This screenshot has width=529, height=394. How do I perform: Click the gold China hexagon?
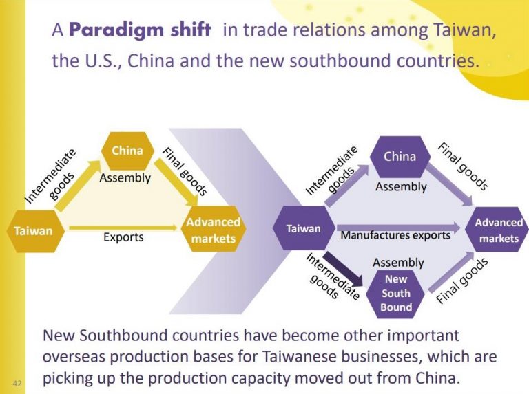(x=127, y=151)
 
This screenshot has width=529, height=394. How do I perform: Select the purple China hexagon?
(x=400, y=157)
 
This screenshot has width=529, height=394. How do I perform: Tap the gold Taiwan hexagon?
(x=33, y=231)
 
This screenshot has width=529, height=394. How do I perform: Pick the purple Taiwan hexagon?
(x=303, y=228)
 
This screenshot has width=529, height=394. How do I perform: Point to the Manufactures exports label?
(x=395, y=235)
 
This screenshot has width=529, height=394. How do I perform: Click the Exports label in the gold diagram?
(x=123, y=237)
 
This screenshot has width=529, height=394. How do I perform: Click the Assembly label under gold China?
(x=125, y=178)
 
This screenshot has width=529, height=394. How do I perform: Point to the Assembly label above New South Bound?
(x=398, y=263)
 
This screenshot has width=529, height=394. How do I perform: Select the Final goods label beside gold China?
(x=180, y=172)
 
